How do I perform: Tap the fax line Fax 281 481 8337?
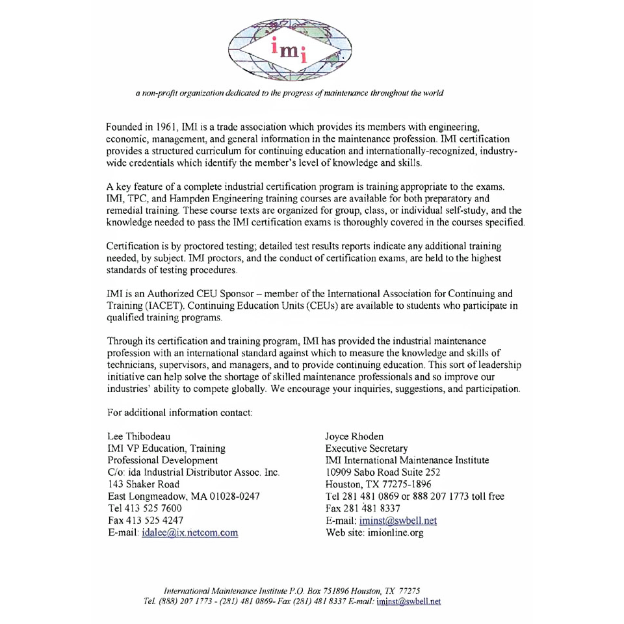[365, 509]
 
